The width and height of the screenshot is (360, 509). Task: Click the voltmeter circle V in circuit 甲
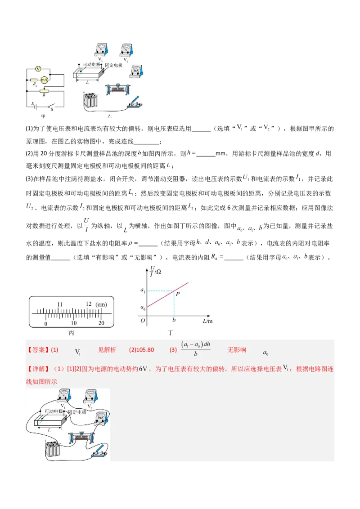(x=38, y=69)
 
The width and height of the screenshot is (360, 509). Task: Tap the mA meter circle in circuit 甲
(x=44, y=80)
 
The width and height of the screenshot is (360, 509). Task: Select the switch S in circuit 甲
(x=51, y=107)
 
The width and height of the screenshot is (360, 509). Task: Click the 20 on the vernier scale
(x=101, y=323)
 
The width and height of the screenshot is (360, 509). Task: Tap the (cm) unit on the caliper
(x=102, y=304)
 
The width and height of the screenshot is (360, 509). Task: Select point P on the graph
(x=178, y=294)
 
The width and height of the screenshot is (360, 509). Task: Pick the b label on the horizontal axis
(x=174, y=321)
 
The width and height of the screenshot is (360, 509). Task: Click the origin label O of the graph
(x=142, y=321)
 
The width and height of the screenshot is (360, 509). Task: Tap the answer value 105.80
(x=144, y=350)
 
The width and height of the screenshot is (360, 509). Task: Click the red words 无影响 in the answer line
(x=237, y=350)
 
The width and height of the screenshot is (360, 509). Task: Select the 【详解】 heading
(x=38, y=369)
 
